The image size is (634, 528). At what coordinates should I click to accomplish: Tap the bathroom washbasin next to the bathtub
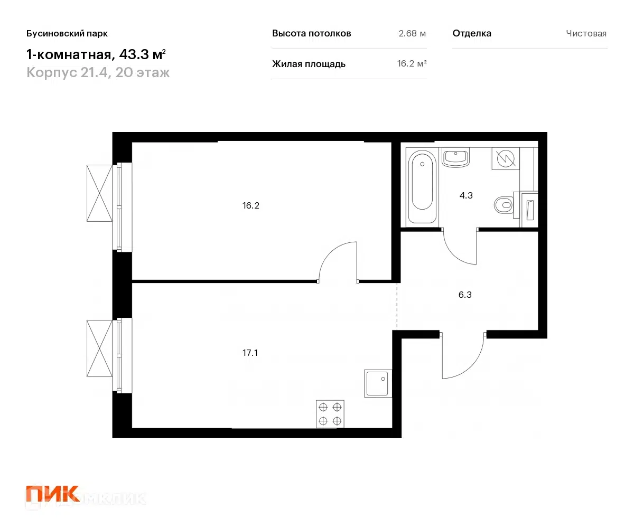[455, 157]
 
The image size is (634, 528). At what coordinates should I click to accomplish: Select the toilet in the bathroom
[504, 204]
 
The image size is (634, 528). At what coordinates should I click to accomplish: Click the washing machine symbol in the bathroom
[505, 158]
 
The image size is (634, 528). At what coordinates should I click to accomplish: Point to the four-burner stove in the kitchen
[330, 414]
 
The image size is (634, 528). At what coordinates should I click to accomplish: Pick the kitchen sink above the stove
[378, 383]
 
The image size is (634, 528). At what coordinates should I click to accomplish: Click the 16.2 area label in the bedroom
[251, 206]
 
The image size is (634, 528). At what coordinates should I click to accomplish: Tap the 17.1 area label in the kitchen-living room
[250, 353]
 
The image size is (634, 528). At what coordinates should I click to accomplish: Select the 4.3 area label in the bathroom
[465, 195]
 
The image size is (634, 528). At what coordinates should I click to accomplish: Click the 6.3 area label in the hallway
[465, 295]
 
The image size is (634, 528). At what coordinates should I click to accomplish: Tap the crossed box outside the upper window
[100, 193]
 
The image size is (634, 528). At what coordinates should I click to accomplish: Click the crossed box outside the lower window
[100, 348]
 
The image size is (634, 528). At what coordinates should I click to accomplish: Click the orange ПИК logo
[52, 495]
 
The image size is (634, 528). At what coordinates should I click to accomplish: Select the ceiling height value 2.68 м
[412, 34]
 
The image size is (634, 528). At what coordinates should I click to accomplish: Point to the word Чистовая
[586, 34]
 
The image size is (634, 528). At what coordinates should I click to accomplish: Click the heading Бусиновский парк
[67, 34]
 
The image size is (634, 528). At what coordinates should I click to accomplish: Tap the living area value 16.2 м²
[412, 64]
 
